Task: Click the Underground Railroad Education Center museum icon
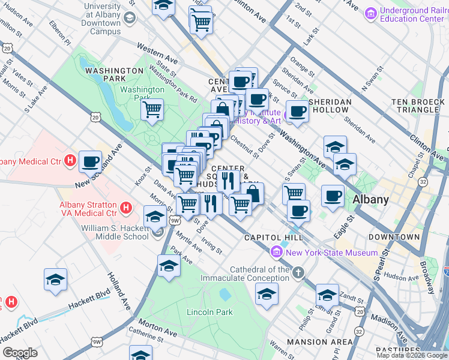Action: pyautogui.click(x=370, y=13)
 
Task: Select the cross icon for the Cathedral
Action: pyautogui.click(x=298, y=274)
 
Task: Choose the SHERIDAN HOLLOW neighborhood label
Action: pyautogui.click(x=330, y=106)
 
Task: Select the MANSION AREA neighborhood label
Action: pyautogui.click(x=320, y=342)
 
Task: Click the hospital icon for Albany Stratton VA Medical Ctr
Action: pyautogui.click(x=126, y=208)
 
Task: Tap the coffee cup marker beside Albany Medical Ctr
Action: pyautogui.click(x=90, y=161)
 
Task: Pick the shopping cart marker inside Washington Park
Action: pyautogui.click(x=152, y=110)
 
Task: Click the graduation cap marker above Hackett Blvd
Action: pyautogui.click(x=55, y=280)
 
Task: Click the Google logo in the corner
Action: pyautogui.click(x=20, y=353)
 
